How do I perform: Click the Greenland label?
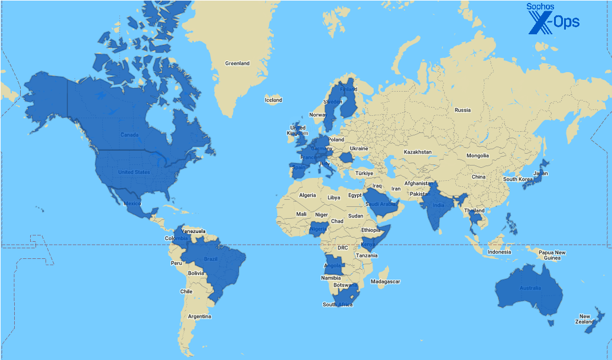point(237,63)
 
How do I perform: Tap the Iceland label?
point(273,100)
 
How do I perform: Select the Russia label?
point(462,110)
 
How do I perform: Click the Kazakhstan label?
point(417,152)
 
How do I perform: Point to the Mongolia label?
point(478,156)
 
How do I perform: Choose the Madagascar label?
point(386,281)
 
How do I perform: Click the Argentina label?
point(199,316)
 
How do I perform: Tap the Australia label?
point(530,288)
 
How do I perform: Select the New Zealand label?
point(584,319)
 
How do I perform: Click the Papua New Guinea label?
point(552,255)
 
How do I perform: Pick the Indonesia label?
point(499,252)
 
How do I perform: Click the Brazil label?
point(211,260)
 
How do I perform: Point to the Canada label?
point(129,135)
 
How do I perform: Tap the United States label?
point(134,172)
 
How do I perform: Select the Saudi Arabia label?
point(380,204)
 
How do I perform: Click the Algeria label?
point(307,195)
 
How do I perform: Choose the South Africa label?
point(338,304)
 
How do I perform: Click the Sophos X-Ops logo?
point(553,18)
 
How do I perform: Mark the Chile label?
point(186,291)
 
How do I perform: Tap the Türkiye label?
point(365,173)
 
